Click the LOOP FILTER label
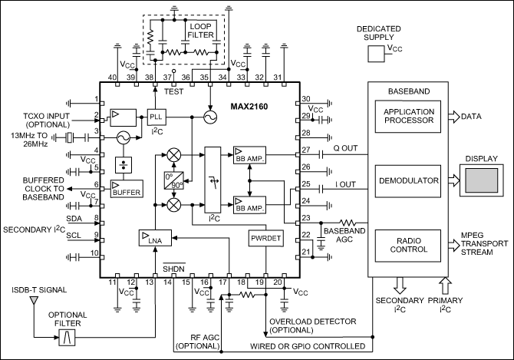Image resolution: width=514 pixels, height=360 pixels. pos(201,30)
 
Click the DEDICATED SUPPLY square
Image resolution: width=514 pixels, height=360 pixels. pos(375,54)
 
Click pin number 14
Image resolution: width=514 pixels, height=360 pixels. pos(166,283)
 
